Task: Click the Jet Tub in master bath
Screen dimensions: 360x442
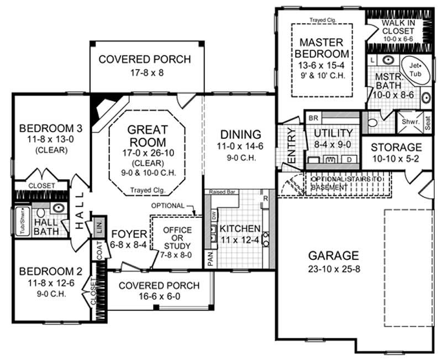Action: click(415, 69)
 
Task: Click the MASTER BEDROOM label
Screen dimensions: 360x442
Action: click(322, 48)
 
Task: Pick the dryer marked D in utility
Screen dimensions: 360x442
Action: click(349, 159)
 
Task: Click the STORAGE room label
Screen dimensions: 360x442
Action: click(396, 148)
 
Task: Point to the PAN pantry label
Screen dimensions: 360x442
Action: click(210, 258)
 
